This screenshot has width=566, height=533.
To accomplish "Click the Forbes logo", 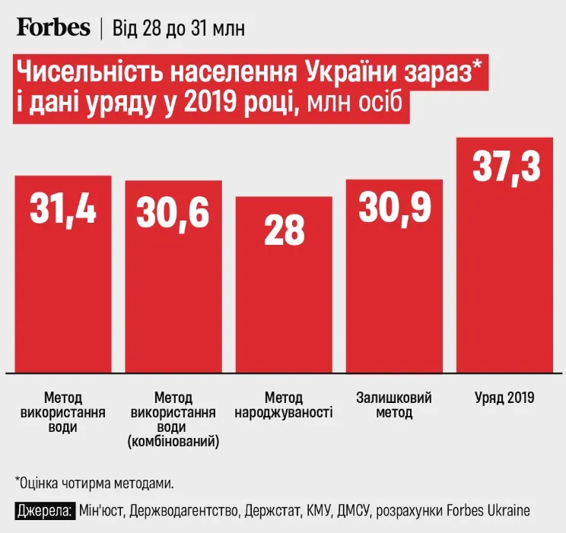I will [x=53, y=27].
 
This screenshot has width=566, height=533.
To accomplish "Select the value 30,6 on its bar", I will [x=173, y=212].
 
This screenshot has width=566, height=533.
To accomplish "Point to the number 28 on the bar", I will [x=283, y=231].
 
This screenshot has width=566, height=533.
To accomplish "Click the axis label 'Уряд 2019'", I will [x=505, y=398].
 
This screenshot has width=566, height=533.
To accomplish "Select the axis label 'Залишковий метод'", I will [x=394, y=405].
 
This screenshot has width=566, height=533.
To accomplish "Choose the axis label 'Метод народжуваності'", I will [x=284, y=405].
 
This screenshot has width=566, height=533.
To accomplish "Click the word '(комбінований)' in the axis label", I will [x=173, y=442].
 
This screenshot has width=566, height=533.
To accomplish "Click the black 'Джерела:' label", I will [x=44, y=509].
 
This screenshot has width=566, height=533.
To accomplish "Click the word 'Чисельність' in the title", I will [x=84, y=74].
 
